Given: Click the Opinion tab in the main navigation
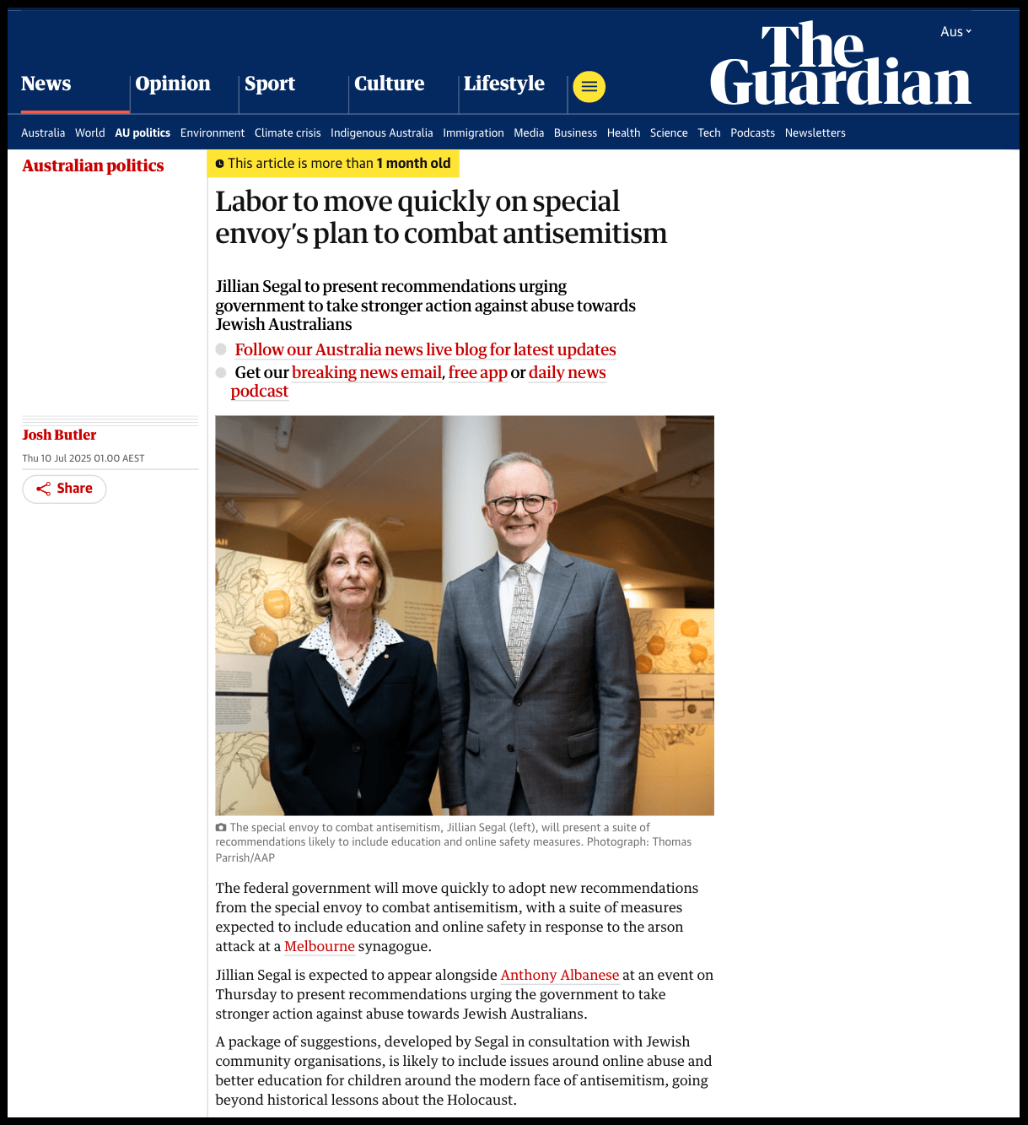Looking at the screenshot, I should (x=173, y=84).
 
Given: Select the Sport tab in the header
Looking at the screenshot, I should (x=270, y=84).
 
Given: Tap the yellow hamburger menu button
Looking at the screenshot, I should (x=589, y=86).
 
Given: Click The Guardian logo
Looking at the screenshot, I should (x=840, y=65).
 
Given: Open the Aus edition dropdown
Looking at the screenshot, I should (x=955, y=31).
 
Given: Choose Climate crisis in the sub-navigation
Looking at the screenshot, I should (x=288, y=133).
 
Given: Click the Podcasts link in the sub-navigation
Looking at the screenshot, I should (x=752, y=133).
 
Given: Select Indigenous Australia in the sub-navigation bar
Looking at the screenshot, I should (x=381, y=133).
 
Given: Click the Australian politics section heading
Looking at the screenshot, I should (x=93, y=165).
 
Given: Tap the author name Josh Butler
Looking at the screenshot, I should (x=59, y=435).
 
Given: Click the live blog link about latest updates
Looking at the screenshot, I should (x=425, y=349).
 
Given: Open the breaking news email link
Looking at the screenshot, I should (x=367, y=372).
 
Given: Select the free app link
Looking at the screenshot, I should (x=477, y=372).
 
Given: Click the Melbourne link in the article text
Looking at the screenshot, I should (x=319, y=946).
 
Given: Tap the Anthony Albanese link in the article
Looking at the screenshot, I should (x=559, y=975).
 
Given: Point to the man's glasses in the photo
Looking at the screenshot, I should (x=520, y=505).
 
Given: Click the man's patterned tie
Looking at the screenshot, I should (x=520, y=616).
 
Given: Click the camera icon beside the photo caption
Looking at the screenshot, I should (x=221, y=827).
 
